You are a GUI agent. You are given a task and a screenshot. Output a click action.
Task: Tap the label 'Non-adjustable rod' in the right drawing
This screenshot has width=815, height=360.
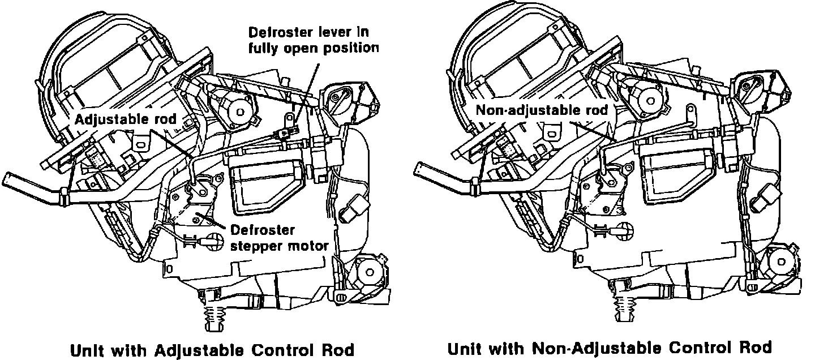pyautogui.click(x=542, y=110)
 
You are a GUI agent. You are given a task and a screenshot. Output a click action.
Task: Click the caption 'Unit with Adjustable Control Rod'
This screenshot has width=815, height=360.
pyautogui.click(x=212, y=349)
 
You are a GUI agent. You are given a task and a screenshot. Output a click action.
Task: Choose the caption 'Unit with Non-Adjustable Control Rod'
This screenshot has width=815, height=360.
pyautogui.click(x=610, y=347)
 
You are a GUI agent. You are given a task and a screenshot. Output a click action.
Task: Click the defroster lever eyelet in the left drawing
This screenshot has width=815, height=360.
pyautogui.click(x=289, y=119)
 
